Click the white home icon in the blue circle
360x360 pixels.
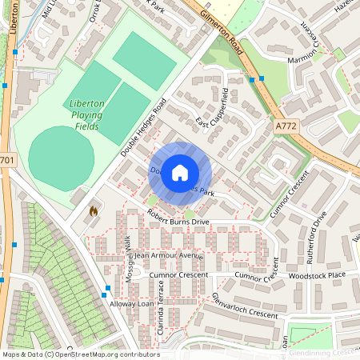point(180,172)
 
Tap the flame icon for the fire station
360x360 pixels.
point(94,211)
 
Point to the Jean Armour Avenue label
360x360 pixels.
point(169,255)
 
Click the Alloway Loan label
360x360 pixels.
point(131,305)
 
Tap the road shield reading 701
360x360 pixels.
point(6,160)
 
